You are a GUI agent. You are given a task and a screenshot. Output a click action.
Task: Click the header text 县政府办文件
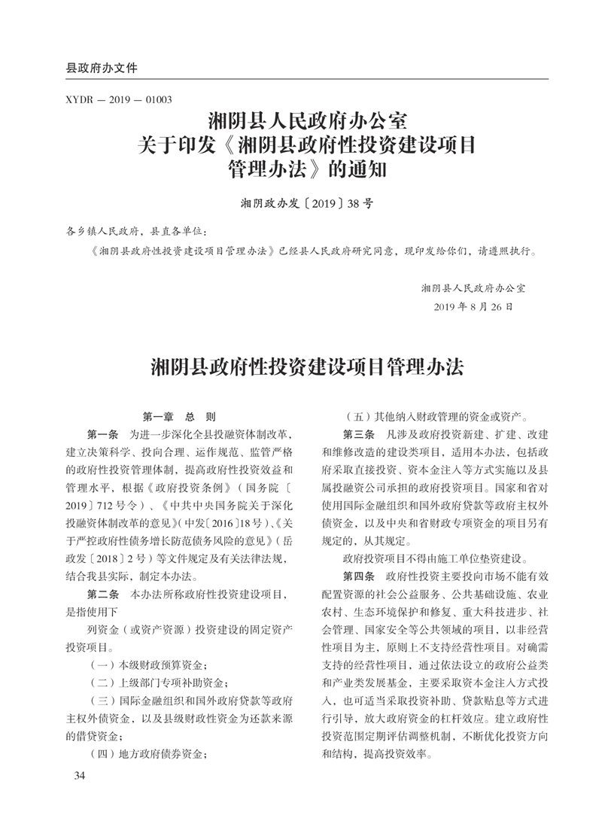[102, 68]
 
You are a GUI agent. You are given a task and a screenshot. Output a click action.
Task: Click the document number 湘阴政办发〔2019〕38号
[307, 203]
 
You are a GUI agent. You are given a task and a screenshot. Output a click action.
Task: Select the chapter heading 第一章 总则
[179, 415]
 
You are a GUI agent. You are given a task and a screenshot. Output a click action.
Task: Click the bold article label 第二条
[103, 594]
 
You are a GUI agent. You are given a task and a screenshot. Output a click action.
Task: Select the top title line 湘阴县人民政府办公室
[307, 120]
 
